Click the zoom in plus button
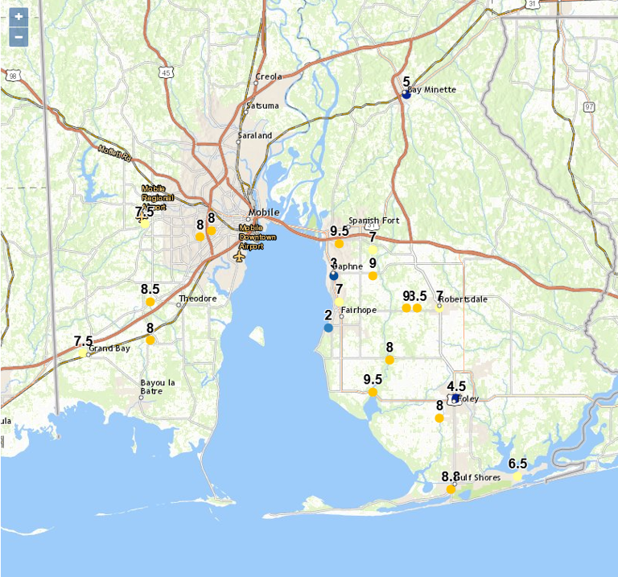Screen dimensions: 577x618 (x=19, y=17)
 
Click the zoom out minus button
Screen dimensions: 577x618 (x=19, y=37)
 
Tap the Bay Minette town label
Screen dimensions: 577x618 (x=432, y=89)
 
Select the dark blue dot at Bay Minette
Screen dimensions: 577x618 (x=406, y=95)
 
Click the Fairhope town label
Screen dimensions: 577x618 (x=359, y=309)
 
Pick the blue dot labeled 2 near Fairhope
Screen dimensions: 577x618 (x=328, y=328)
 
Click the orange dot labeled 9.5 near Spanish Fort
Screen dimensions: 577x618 (x=340, y=243)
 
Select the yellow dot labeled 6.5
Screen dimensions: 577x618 (x=517, y=476)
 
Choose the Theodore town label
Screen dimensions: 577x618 (x=198, y=298)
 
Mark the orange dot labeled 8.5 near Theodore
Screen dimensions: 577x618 (x=150, y=302)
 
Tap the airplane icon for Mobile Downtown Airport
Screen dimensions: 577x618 (x=239, y=255)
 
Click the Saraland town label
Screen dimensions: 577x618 (x=254, y=135)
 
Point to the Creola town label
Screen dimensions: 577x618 (x=269, y=76)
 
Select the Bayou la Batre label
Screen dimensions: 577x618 (x=158, y=386)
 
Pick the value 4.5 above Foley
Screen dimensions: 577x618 (x=456, y=386)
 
